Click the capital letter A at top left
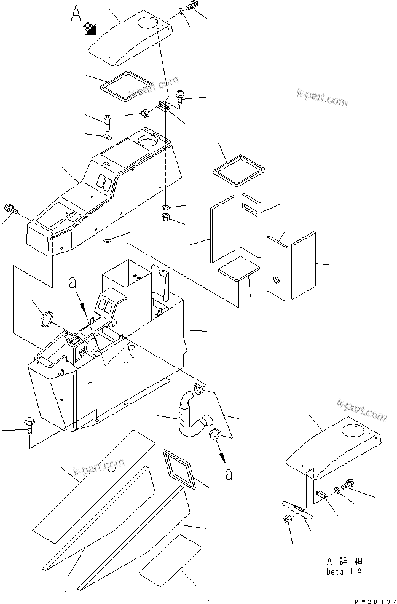point(76,13)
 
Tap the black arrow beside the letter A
point(91,26)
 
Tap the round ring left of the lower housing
point(47,320)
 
